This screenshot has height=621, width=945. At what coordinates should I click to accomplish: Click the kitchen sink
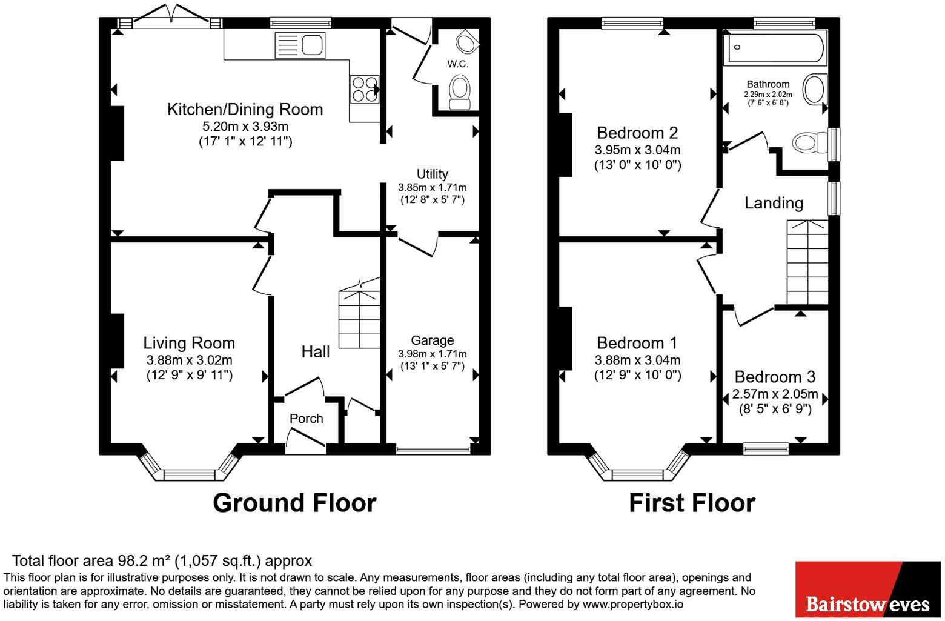(x=300, y=45)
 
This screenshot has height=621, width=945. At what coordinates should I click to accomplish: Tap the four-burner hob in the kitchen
(x=365, y=89)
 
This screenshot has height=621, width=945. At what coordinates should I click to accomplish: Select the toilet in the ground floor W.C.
(x=459, y=92)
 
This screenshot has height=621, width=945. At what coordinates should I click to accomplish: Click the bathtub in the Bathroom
(x=775, y=48)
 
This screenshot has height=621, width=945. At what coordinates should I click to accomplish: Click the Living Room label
(x=189, y=343)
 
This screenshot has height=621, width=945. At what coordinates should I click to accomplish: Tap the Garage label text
(x=433, y=340)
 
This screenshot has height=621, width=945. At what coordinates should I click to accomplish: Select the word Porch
(x=307, y=419)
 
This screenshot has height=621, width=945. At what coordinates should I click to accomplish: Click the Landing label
(x=774, y=204)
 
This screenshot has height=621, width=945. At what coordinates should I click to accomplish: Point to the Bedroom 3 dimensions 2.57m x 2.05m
(x=775, y=394)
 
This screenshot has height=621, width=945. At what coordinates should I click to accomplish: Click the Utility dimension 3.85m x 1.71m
(x=433, y=187)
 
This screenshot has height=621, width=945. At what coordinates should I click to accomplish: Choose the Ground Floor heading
(x=294, y=503)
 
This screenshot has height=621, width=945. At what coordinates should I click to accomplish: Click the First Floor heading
(x=692, y=503)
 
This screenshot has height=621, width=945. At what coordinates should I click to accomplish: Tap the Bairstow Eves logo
(x=868, y=589)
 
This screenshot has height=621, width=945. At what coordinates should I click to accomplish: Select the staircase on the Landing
(x=807, y=262)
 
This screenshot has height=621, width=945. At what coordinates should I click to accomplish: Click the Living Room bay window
(x=190, y=465)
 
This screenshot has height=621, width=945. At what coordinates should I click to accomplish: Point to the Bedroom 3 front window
(x=766, y=449)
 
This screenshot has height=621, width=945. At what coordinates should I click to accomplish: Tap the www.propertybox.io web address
(x=633, y=605)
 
